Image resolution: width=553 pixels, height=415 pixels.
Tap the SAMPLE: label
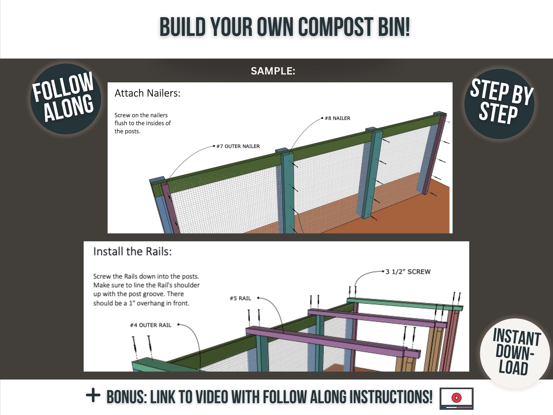(273, 71)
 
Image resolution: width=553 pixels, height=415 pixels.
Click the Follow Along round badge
(66, 99)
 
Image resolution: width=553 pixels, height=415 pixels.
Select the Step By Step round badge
(499, 104)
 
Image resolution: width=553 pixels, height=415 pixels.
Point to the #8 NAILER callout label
(337, 118)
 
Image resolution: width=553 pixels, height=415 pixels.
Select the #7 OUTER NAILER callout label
(238, 146)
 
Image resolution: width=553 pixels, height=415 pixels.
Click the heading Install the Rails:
(132, 252)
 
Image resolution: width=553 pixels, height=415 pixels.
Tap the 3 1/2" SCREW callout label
(408, 272)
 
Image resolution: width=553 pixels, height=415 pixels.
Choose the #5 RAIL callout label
(240, 298)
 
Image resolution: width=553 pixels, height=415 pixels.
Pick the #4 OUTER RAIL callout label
(151, 325)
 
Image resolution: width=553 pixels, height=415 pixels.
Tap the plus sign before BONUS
(93, 395)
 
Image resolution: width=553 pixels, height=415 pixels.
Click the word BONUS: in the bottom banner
(127, 397)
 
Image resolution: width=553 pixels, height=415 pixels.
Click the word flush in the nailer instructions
(121, 123)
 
